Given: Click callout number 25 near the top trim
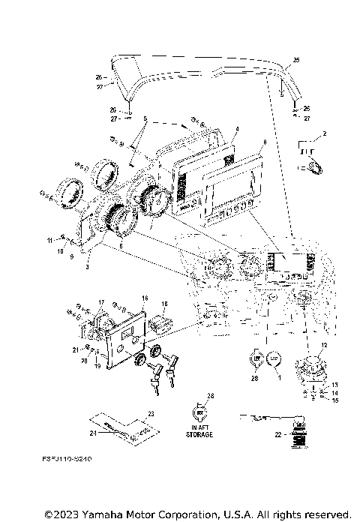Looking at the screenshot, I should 295,59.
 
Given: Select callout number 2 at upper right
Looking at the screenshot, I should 324,134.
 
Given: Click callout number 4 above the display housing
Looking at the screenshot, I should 235,129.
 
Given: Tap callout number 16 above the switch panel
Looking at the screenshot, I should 145,298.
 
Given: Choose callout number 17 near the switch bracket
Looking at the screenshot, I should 102,301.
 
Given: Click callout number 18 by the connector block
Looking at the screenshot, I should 163,304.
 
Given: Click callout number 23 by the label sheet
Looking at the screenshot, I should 150,414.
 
